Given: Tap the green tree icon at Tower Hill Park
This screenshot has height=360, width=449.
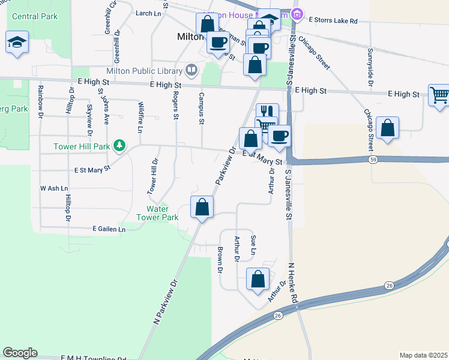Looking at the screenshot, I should click(120, 145).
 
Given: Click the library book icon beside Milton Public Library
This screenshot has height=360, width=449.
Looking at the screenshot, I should click(191, 71).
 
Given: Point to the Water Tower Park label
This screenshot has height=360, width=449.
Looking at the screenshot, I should click(157, 213).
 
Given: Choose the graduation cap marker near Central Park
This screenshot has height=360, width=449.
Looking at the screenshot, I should click(17, 43).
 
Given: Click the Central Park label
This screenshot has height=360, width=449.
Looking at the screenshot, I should click(35, 16).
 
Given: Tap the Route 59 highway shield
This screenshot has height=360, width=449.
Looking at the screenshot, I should click(373, 160).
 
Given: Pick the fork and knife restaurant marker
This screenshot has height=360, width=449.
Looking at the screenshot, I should click(267, 112).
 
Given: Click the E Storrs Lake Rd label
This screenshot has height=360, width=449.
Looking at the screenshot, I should click(333, 20).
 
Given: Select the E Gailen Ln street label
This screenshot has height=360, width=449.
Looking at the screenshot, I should click(109, 229).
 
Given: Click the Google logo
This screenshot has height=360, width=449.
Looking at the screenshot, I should click(20, 353).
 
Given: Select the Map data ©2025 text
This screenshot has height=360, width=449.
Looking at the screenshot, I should click(424, 355).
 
